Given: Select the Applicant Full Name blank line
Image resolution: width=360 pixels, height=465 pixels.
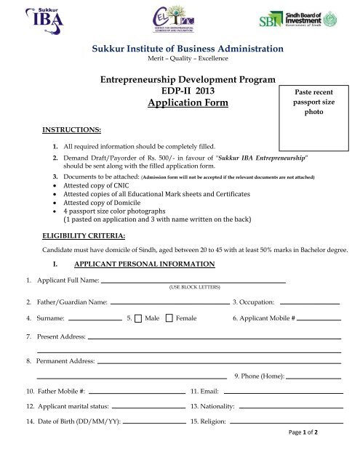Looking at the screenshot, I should coord(193,280).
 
